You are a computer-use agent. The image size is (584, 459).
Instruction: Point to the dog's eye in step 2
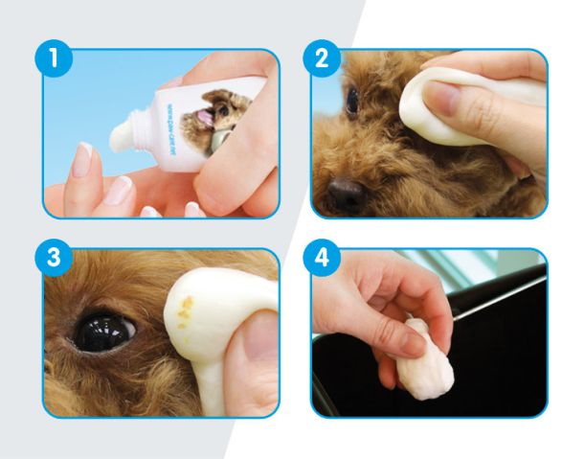[x=352, y=100]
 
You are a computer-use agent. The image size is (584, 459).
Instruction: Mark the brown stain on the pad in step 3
[x=189, y=308]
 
